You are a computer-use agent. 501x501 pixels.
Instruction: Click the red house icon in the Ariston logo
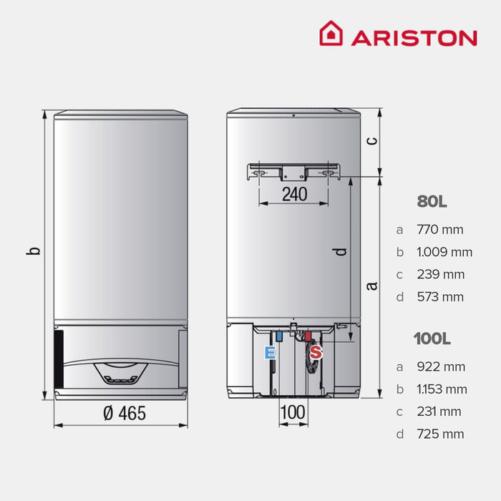pyautogui.click(x=331, y=34)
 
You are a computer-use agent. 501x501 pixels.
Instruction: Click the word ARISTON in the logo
pyautogui.click(x=414, y=37)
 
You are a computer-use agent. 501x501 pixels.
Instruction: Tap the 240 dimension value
pyautogui.click(x=293, y=193)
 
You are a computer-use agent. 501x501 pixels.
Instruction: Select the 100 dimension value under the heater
pyautogui.click(x=293, y=412)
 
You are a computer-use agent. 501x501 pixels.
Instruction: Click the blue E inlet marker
pyautogui.click(x=270, y=352)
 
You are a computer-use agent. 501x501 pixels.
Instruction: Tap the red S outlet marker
pyautogui.click(x=316, y=352)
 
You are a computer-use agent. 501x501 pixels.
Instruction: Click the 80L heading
pyautogui.click(x=432, y=202)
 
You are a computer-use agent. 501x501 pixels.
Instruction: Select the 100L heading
pyautogui.click(x=432, y=339)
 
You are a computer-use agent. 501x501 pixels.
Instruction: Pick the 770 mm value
pyautogui.click(x=440, y=230)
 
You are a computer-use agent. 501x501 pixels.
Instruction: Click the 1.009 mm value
pyautogui.click(x=444, y=252)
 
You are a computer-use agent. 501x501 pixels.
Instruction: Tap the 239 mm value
pyautogui.click(x=440, y=274)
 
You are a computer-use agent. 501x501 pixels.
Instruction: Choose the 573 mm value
pyautogui.click(x=440, y=296)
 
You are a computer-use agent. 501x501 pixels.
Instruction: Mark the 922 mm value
pyautogui.click(x=441, y=366)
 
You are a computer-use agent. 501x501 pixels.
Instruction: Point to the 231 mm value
pyautogui.click(x=440, y=412)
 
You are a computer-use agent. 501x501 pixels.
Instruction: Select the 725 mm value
pyautogui.click(x=440, y=434)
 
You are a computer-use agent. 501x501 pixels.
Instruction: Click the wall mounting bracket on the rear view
pyautogui.click(x=293, y=172)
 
